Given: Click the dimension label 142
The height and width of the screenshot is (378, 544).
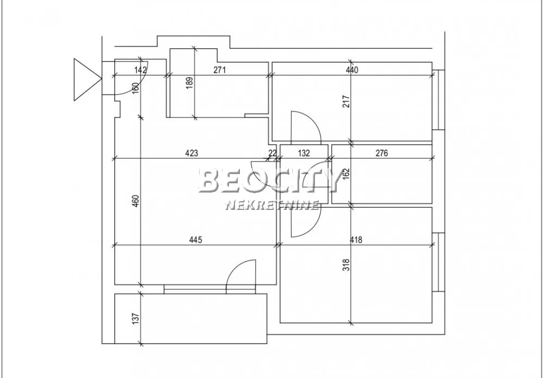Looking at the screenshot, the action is (140, 70).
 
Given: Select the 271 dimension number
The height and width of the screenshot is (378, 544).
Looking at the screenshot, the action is (219, 70).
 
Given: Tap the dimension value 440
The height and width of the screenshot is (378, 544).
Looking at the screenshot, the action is (351, 70).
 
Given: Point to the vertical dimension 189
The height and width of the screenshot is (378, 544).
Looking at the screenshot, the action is (189, 83).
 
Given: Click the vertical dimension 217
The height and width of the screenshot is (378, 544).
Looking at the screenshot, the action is (347, 101).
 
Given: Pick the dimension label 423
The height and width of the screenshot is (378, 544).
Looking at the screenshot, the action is (191, 153).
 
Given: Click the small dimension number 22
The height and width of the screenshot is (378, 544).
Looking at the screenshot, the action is (273, 153).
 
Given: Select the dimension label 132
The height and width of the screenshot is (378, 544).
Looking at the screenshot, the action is (304, 153).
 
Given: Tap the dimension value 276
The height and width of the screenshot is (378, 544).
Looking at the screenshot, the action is (381, 153).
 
